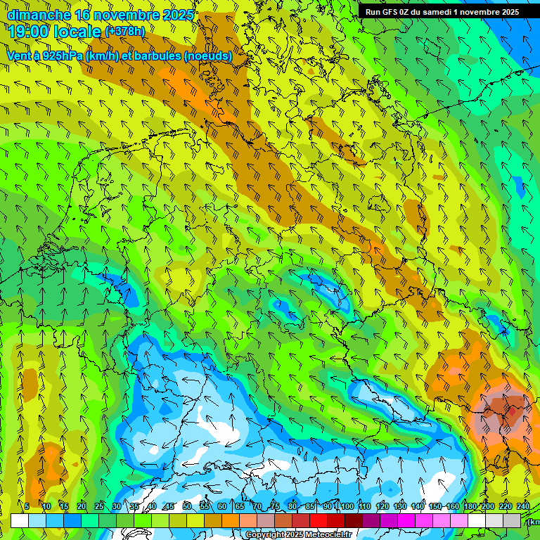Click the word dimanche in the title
pos(39,15)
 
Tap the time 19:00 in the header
pos(27,32)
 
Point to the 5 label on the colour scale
pos(27,506)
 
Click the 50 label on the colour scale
pos(187,506)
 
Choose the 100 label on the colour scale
pos(346,506)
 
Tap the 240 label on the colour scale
pos(522,506)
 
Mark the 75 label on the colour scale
pos(275,506)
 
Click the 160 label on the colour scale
pos(452,506)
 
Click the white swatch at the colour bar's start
pos(20,520)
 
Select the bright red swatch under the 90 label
pos(319,520)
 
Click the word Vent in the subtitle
pos(20,56)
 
